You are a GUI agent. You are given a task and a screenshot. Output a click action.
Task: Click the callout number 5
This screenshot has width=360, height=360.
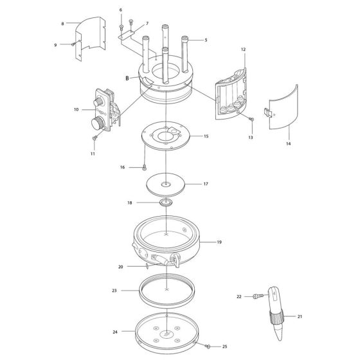206,40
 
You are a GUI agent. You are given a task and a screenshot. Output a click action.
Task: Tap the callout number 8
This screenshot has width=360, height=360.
62,23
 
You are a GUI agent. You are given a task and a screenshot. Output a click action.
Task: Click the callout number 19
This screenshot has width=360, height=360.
219,242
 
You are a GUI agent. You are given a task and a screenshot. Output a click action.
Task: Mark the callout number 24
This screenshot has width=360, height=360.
115,332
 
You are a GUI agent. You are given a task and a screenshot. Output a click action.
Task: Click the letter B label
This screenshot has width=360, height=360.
127,78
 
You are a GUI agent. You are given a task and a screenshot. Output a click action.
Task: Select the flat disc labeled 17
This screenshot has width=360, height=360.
166,184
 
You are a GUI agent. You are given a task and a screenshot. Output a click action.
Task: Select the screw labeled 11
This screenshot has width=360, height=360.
95,137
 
